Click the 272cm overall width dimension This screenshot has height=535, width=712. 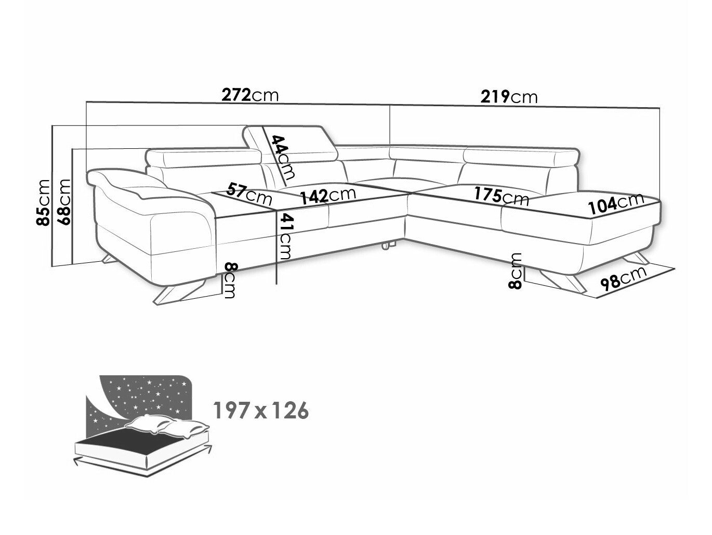click(250, 96)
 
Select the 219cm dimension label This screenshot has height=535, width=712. click(509, 96)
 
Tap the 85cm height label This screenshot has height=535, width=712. click(43, 202)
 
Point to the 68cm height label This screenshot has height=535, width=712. click(63, 202)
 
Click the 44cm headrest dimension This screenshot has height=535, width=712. click(283, 157)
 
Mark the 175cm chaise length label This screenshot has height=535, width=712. click(501, 196)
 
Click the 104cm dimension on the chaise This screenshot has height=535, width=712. click(615, 203)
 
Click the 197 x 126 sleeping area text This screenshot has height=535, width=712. click(261, 411)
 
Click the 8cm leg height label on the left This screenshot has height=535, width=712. click(230, 281)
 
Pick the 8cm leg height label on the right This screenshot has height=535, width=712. click(515, 271)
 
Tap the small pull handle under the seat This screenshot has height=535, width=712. click(387, 245)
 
